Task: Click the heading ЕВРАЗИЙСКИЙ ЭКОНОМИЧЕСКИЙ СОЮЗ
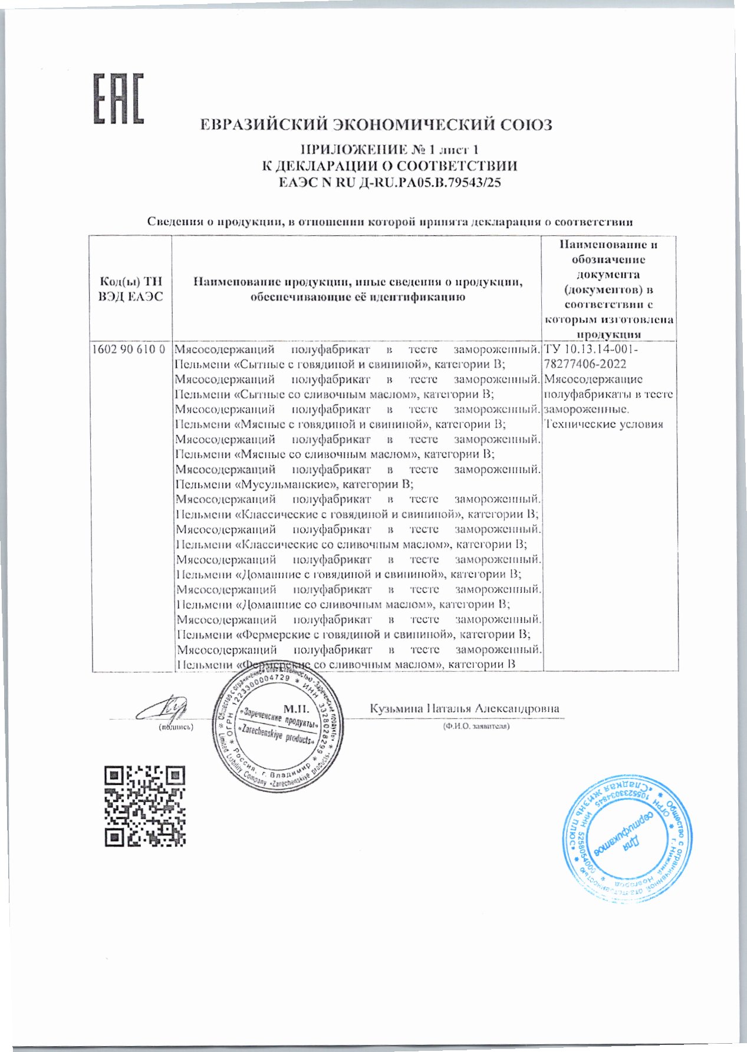[x=376, y=125]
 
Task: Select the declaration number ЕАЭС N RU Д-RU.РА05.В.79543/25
[x=389, y=183]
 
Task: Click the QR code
[x=145, y=805]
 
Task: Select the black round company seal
[x=278, y=731]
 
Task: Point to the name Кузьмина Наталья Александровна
[x=464, y=708]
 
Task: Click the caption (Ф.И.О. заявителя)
[x=476, y=726]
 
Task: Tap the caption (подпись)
[x=176, y=727]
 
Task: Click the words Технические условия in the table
[x=604, y=424]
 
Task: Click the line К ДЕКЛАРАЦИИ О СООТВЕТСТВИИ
[x=389, y=166]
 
